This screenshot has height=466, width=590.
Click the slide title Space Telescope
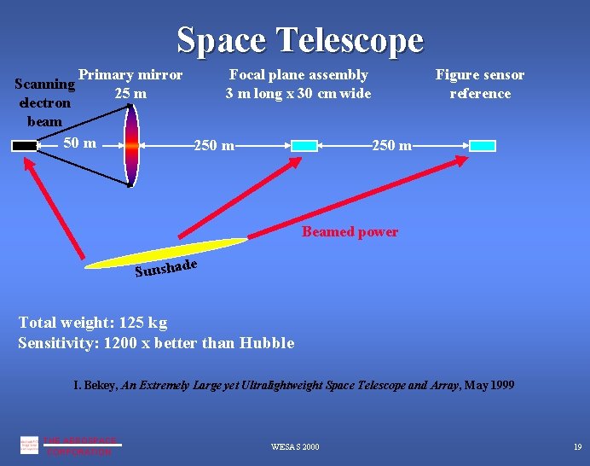click(299, 39)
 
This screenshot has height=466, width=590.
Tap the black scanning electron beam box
click(26, 146)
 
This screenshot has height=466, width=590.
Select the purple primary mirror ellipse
click(130, 146)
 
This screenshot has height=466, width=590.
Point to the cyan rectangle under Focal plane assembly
click(304, 146)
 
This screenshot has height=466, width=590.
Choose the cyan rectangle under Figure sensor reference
click(482, 146)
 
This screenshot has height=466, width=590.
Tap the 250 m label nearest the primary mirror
click(215, 146)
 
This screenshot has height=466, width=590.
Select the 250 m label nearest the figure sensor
click(392, 146)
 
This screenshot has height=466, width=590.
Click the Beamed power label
click(350, 232)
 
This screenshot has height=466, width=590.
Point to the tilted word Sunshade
click(166, 269)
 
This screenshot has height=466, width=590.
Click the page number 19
click(576, 447)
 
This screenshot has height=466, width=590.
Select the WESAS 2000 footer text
click(295, 447)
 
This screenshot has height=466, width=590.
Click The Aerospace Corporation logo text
click(78, 446)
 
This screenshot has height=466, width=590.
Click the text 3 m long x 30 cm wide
click(298, 93)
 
